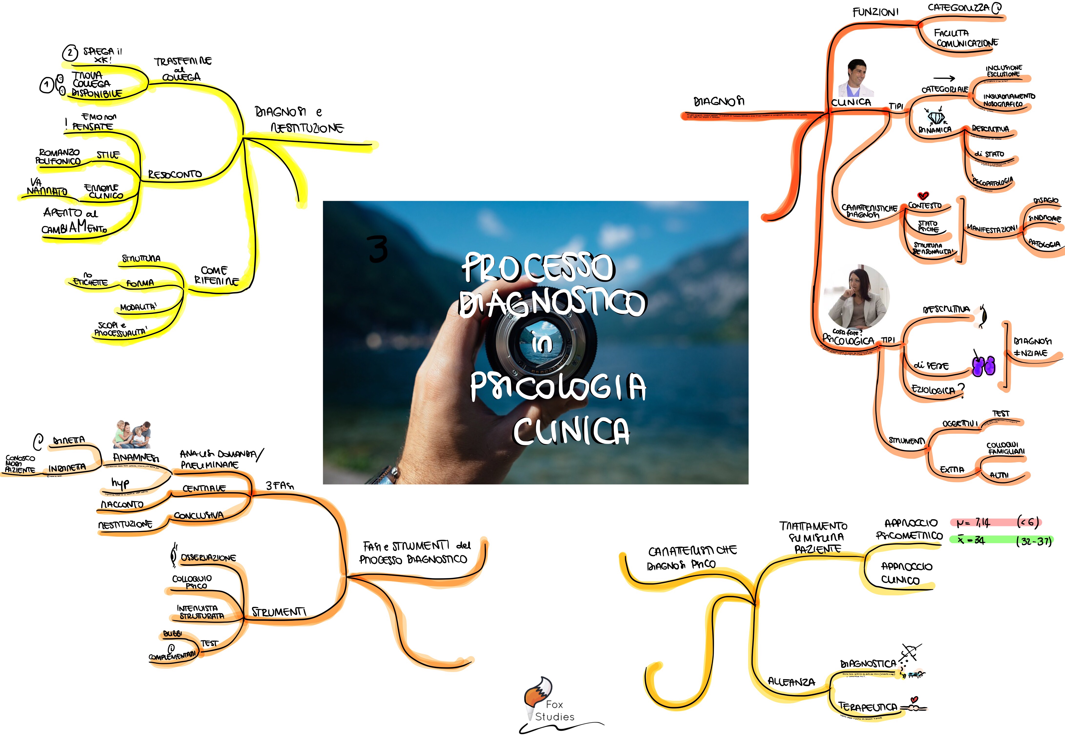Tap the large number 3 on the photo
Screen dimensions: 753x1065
[x=378, y=249]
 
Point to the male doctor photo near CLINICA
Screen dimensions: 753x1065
[x=856, y=78]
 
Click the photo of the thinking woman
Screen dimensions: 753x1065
[x=858, y=297]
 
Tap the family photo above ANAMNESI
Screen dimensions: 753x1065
[x=132, y=435]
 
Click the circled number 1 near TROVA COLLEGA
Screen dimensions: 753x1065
[x=46, y=85]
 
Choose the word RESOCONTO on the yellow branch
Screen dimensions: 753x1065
[x=175, y=174]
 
